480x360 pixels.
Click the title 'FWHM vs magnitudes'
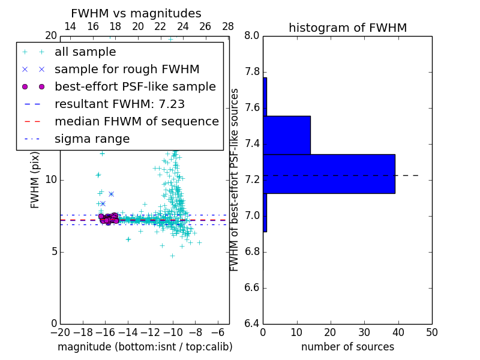pos(136,14)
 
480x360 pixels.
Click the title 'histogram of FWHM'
pos(347,28)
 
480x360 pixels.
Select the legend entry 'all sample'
pos(85,52)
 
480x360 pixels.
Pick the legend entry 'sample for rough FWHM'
pos(127,70)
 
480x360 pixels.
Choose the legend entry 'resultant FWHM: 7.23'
pos(119,104)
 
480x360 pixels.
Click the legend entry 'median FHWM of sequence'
pos(136,122)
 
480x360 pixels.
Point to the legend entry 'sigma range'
pos(92,139)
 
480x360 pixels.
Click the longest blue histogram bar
pos(329,174)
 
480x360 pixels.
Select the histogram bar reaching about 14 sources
pos(286,135)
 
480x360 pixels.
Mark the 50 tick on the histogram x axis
pos(432,331)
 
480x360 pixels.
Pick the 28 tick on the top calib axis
pos(228,26)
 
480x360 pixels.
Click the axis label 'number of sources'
pos(347,347)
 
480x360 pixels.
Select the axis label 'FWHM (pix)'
pos(35,179)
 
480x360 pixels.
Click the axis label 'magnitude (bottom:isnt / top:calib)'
pos(145,347)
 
